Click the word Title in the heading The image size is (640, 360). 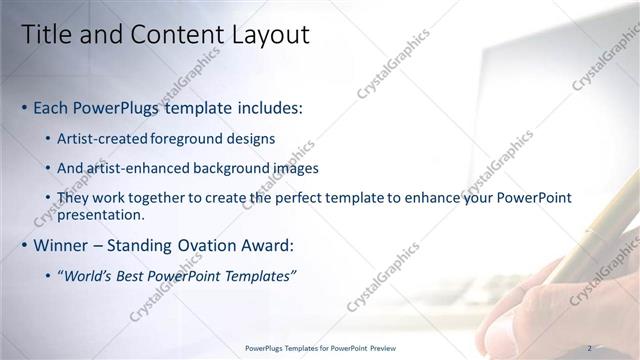pyautogui.click(x=47, y=35)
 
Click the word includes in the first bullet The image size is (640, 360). pyautogui.click(x=266, y=107)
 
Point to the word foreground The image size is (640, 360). pyautogui.click(x=192, y=138)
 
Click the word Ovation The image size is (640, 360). pyautogui.click(x=222, y=245)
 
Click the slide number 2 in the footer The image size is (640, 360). pyautogui.click(x=589, y=348)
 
